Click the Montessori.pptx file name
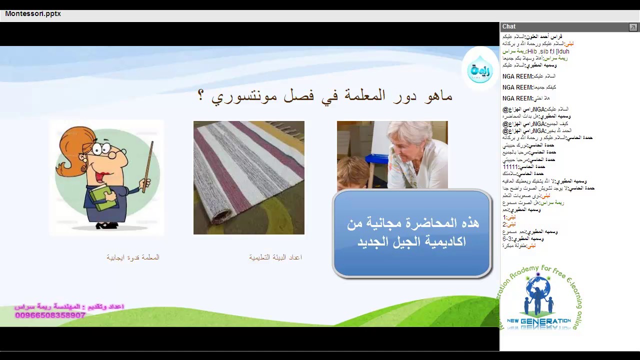coord(33,14)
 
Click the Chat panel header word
coord(509,26)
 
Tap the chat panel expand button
coord(633,27)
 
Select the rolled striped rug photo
coord(248,177)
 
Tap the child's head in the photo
coord(352,172)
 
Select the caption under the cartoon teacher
coord(133,257)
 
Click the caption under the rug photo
coord(275,257)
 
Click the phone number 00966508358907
coord(50,315)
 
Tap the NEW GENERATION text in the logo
coord(538,321)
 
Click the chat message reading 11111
coord(511,166)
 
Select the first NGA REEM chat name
coord(517,76)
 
